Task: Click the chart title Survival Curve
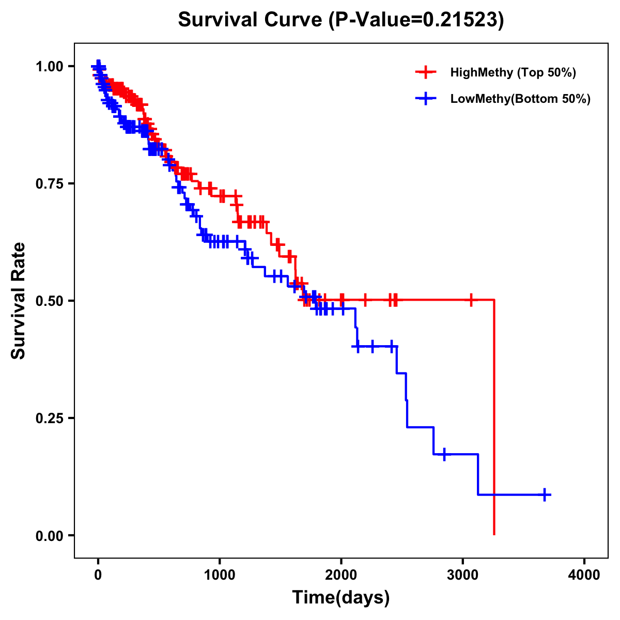click(x=340, y=20)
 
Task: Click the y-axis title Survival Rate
click(x=19, y=300)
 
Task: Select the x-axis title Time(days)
click(x=340, y=598)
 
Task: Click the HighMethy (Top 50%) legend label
click(x=513, y=72)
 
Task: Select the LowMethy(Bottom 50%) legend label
click(x=520, y=99)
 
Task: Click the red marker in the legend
click(x=426, y=72)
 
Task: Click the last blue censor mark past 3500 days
click(x=544, y=494)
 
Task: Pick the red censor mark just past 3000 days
click(x=471, y=300)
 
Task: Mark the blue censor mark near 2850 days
click(x=444, y=454)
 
